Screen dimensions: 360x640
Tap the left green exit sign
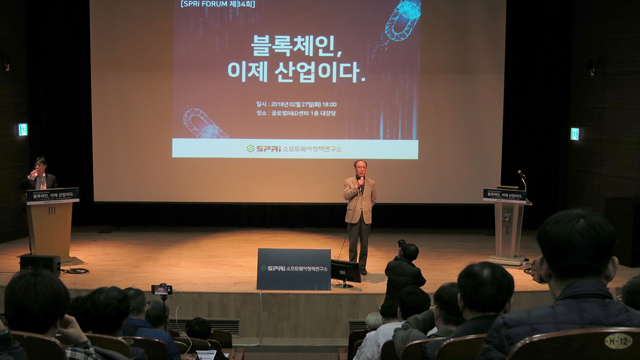tap(22, 130)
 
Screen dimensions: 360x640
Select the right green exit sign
tap(574, 134)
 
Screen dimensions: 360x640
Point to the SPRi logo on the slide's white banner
tap(263, 148)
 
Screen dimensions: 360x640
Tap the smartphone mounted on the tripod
tap(162, 290)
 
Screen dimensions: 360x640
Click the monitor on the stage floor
tap(346, 271)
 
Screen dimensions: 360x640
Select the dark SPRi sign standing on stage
tap(293, 269)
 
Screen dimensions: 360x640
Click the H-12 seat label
tap(618, 340)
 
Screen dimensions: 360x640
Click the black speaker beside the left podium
tap(40, 263)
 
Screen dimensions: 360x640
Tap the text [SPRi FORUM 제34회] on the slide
tap(218, 4)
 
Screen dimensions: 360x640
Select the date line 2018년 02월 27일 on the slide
tap(296, 104)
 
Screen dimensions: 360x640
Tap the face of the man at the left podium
tap(40, 166)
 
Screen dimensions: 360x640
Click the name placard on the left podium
tap(53, 196)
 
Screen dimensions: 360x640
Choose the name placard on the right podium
tap(505, 195)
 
